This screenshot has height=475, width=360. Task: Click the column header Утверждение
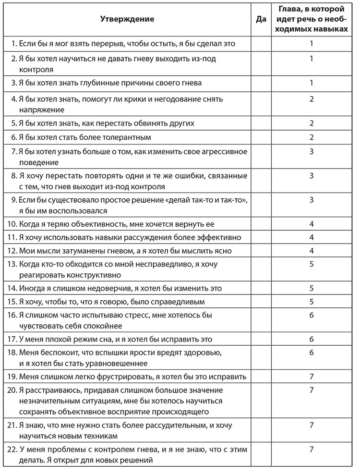click(127, 19)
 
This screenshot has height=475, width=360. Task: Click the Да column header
click(261, 19)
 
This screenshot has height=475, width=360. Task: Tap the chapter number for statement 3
click(312, 83)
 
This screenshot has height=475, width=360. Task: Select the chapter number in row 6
click(312, 138)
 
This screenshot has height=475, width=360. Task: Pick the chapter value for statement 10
click(312, 224)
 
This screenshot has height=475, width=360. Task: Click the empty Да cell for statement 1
click(261, 43)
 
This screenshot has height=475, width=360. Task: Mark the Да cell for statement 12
click(261, 250)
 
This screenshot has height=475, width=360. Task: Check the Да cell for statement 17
click(261, 339)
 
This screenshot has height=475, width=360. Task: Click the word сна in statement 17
click(98, 339)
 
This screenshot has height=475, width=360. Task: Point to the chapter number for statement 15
click(312, 302)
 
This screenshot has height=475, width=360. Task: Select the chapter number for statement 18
click(312, 353)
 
